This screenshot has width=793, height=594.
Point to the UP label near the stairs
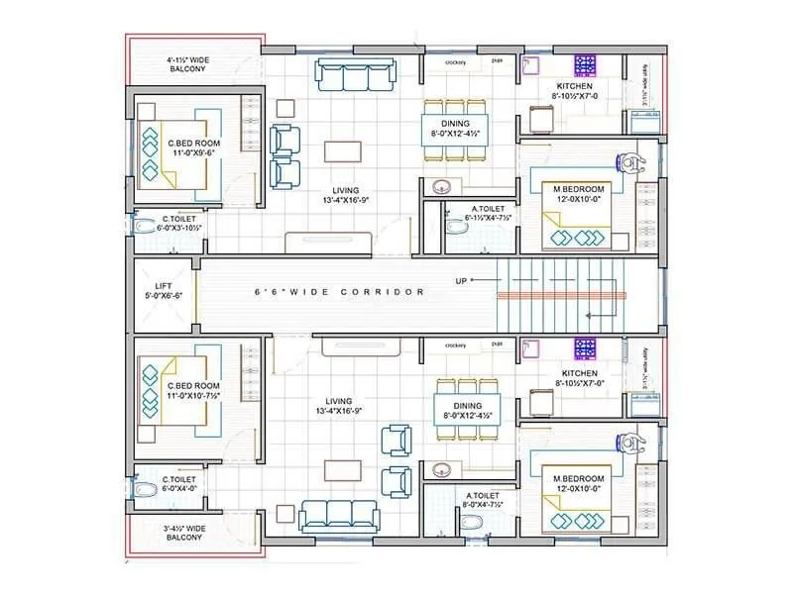tap(461, 281)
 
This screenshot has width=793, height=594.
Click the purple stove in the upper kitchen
tap(585, 65)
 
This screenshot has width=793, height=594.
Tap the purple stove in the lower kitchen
tap(585, 347)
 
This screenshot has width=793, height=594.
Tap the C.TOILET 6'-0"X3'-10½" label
tap(178, 223)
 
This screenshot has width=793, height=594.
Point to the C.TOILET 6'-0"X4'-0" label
tap(178, 482)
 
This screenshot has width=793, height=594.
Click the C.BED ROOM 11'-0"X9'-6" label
tap(193, 148)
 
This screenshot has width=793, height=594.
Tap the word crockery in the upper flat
tap(456, 62)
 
